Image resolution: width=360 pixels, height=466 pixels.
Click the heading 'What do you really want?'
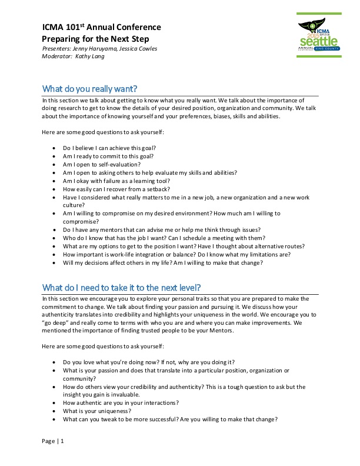coord(89,89)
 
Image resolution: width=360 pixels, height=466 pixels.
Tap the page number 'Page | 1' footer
coord(54,441)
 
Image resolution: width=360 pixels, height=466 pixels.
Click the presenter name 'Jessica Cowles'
coord(137,48)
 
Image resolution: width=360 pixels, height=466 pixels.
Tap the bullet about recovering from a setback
coord(116,189)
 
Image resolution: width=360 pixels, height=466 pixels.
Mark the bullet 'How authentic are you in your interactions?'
coord(121,403)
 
